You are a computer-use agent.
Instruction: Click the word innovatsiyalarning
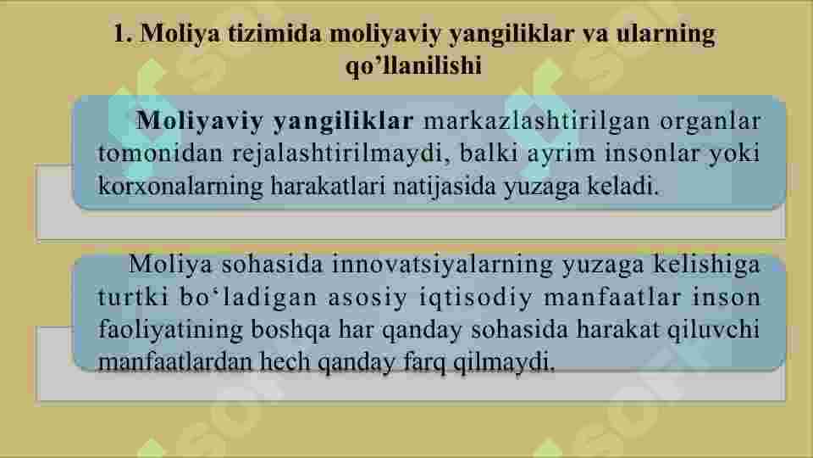tap(438, 265)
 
